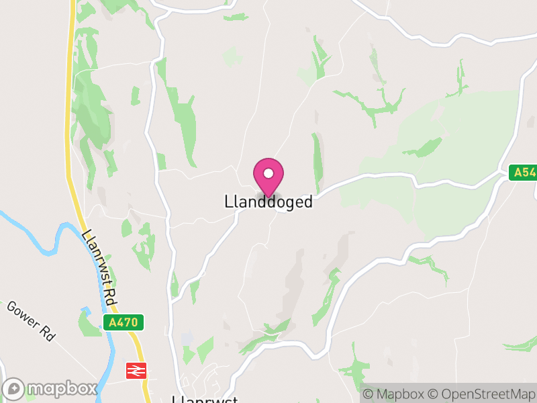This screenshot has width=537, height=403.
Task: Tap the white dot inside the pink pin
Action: (x=268, y=173)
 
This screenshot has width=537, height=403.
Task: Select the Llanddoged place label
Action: (x=268, y=202)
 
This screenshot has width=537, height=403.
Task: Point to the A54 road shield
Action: (x=522, y=173)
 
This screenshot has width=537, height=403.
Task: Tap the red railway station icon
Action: (x=136, y=370)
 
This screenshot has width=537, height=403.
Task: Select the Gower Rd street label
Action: (x=31, y=320)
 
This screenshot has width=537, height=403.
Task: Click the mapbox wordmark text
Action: (x=61, y=389)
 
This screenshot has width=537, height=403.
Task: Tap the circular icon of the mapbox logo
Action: (x=14, y=389)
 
